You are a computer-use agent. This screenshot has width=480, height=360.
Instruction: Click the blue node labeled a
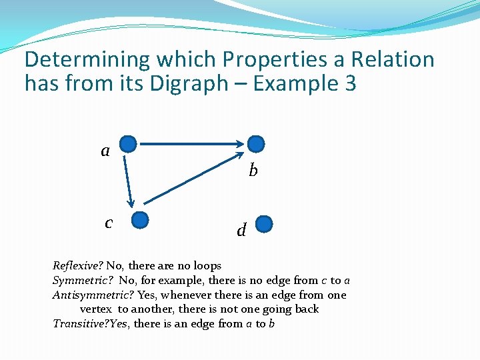point(128,143)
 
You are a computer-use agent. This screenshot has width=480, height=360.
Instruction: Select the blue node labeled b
point(256,143)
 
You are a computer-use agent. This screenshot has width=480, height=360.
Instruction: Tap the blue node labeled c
point(139,220)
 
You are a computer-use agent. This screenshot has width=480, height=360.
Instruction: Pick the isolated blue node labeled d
point(265,223)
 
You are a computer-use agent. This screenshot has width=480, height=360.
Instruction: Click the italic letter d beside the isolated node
point(241,231)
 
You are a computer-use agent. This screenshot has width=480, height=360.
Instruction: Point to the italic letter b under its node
point(253,171)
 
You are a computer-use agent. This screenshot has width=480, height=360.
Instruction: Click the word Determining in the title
point(87,60)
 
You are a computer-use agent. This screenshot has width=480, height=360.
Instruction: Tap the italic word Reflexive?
point(77,266)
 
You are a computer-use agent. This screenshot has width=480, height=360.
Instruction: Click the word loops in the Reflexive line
point(207,266)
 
